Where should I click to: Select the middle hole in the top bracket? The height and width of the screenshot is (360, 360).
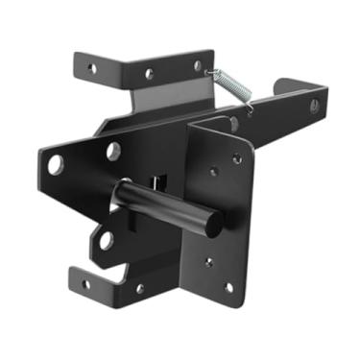(x=149, y=72)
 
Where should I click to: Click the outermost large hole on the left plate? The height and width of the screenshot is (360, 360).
(x=56, y=164)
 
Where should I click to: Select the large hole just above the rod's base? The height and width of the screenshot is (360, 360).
(x=112, y=151)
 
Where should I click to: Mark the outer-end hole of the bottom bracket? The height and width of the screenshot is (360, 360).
(x=85, y=283)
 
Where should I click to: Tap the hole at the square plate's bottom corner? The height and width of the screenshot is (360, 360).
(x=228, y=285)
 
